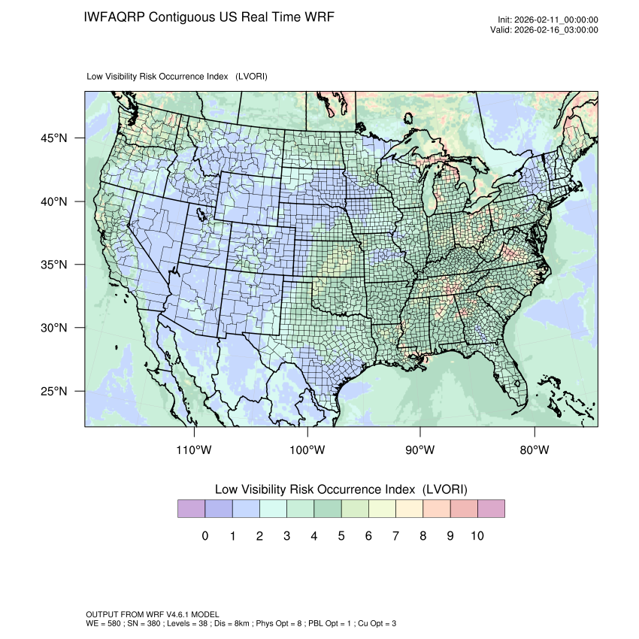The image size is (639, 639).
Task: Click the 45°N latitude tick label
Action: click(54, 138)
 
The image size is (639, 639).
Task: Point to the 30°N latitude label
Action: click(54, 328)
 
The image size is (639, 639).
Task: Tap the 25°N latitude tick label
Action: click(54, 392)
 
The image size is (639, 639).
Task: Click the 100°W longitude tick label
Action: click(307, 450)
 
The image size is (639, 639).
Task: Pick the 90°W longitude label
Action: click(420, 450)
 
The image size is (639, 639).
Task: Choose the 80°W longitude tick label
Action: click(535, 450)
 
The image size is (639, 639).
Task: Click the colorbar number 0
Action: click(204, 536)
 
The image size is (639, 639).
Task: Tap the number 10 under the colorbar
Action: click(477, 536)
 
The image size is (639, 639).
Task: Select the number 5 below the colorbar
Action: click(341, 536)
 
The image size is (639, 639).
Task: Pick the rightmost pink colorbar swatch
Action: click(491, 509)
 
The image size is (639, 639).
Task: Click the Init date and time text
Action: click(547, 20)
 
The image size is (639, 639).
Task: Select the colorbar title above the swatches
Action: click(341, 489)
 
